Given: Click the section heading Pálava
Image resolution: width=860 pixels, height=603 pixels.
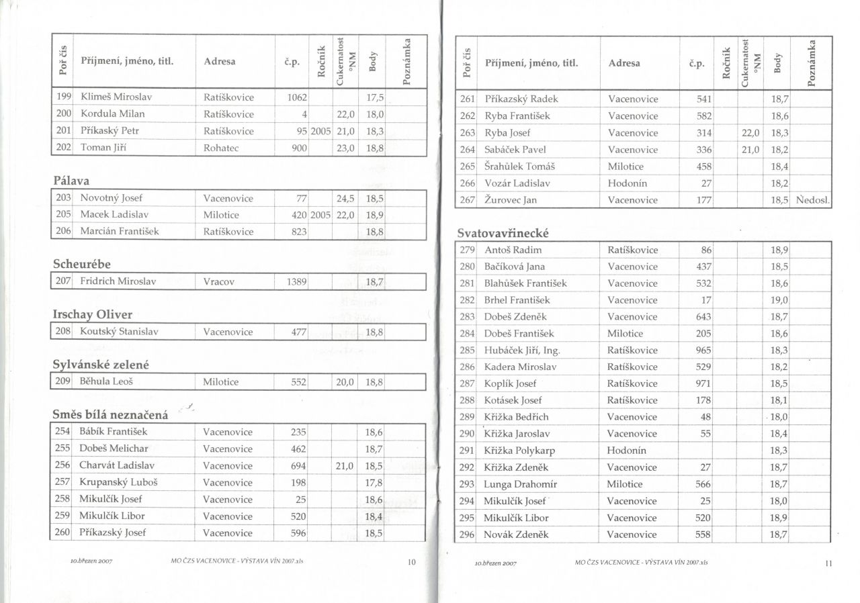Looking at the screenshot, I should tap(71, 181).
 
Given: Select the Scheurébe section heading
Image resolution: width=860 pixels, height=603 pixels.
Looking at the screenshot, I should tap(81, 264).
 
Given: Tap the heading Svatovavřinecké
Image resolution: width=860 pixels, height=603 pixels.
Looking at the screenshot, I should tap(503, 233).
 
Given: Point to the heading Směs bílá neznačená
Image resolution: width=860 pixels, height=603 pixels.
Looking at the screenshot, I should tap(110, 415).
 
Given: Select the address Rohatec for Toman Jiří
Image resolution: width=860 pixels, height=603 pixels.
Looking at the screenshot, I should tap(221, 148).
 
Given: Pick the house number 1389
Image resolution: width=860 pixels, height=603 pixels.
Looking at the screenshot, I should tap(297, 282).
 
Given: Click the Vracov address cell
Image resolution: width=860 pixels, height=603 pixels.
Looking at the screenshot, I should tap(218, 282).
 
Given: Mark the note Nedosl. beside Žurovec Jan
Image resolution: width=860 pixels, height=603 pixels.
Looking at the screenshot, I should tap(813, 200).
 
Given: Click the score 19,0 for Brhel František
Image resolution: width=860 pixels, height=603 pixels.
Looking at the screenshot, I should tap(779, 300).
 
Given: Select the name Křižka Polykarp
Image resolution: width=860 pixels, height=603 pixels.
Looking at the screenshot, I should tap(519, 451).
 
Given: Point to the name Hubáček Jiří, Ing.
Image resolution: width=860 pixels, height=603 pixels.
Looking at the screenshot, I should tap(522, 351).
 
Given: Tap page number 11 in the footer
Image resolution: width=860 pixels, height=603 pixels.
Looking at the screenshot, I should tap(828, 563).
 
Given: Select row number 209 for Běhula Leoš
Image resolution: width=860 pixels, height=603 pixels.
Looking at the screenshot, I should tap(62, 382).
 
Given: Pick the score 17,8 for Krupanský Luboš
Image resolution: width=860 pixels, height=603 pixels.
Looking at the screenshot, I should tap(374, 482).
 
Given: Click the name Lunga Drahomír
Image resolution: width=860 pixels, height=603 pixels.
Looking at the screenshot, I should tap(521, 484).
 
